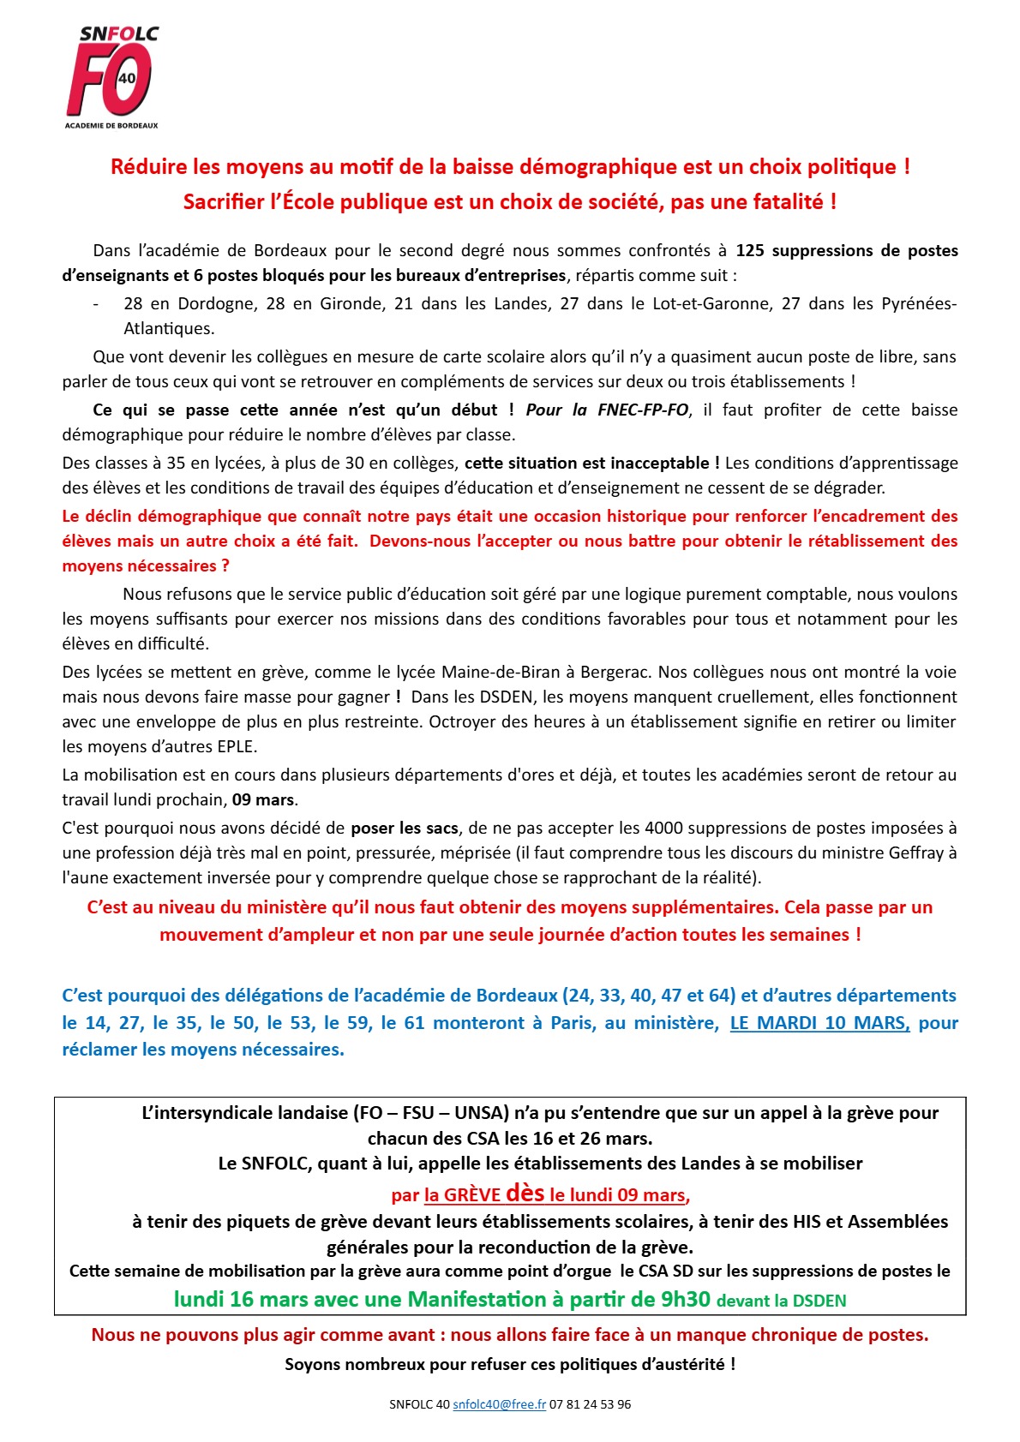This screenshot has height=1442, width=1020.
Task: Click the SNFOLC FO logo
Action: [x=112, y=77]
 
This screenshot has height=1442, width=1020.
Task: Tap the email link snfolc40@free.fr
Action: [x=499, y=1404]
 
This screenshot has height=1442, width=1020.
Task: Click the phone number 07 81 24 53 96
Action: [x=590, y=1404]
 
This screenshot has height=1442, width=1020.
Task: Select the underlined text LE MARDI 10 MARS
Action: [x=819, y=1022]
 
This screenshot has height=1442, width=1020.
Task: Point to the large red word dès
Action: [x=525, y=1193]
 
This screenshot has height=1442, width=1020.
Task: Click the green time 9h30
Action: [x=685, y=1299]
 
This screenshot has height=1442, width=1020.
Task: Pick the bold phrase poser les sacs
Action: [x=405, y=828]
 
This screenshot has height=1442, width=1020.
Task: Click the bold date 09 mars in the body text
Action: [x=263, y=799]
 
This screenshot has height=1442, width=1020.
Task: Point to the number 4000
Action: [x=664, y=828]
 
